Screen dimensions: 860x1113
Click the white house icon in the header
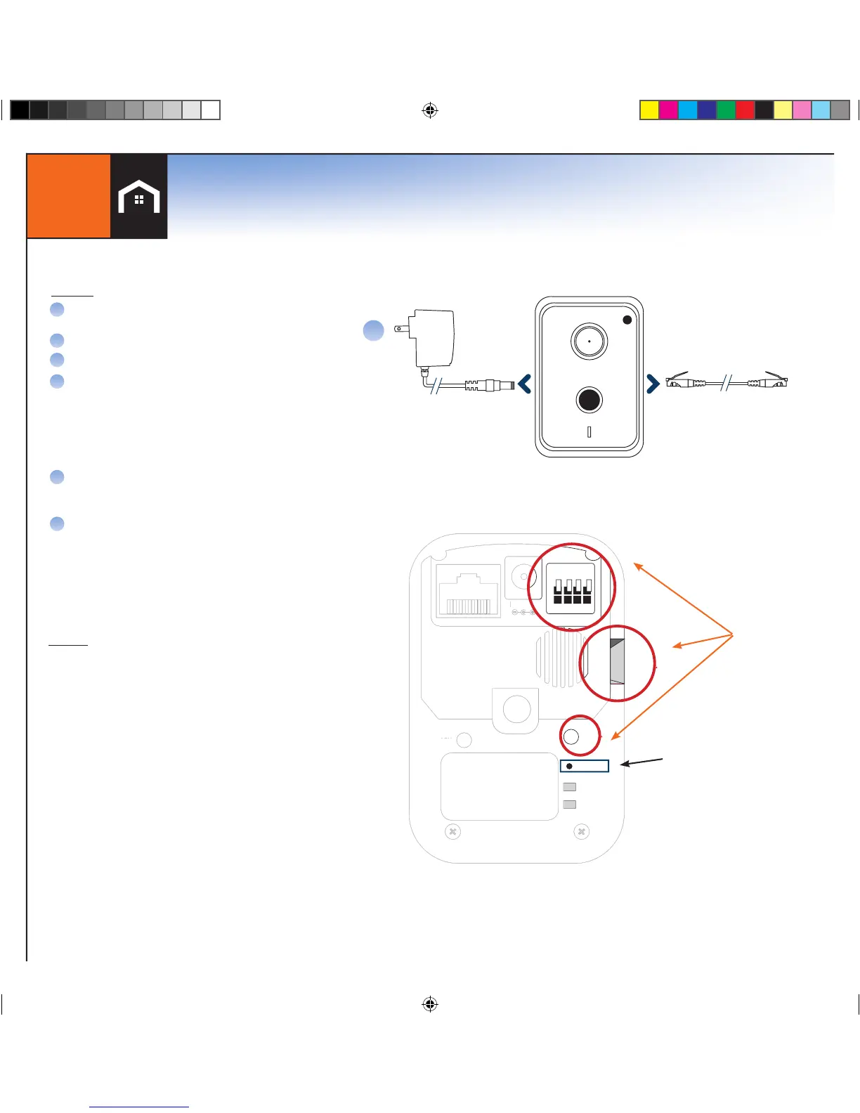139,197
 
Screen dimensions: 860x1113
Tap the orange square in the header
68,196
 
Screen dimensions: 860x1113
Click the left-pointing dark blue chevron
524,384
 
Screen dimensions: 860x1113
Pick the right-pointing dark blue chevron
653,384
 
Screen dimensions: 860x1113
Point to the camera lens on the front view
589,341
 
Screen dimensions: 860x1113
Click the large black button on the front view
589,400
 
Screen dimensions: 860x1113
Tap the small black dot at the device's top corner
627,320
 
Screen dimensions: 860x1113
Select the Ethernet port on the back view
468,592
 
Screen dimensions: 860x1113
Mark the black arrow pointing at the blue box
641,762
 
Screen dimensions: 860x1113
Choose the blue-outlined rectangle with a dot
585,766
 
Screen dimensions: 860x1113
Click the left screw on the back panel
453,832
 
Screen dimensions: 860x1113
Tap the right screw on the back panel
581,832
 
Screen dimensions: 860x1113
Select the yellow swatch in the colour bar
649,110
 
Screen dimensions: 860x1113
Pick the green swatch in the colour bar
726,110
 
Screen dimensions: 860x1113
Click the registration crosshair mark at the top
430,110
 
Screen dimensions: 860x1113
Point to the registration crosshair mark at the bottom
430,1004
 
